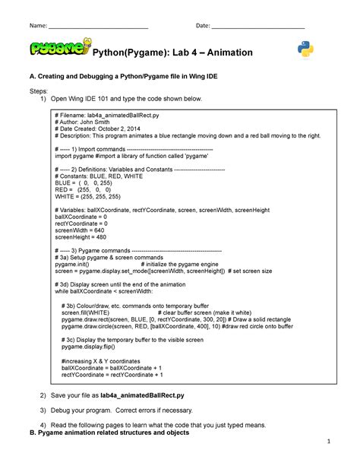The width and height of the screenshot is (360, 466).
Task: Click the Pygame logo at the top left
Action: pyautogui.click(x=59, y=49)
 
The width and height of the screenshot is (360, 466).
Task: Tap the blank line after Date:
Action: pyautogui.click(x=258, y=27)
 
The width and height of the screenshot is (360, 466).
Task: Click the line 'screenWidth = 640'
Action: pyautogui.click(x=81, y=230)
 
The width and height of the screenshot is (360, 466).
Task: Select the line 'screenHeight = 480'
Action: pyautogui.click(x=82, y=237)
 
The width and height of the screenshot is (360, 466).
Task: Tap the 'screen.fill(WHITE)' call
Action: pyautogui.click(x=85, y=312)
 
